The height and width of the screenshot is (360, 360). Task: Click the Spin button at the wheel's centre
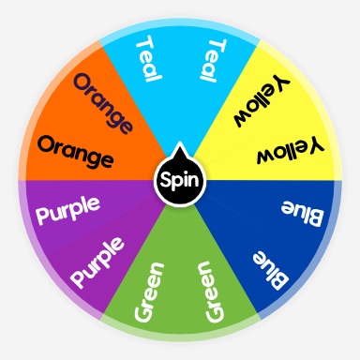tap(179, 179)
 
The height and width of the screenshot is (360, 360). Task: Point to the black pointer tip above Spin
tap(179, 147)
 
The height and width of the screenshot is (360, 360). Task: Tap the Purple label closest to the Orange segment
tap(67, 212)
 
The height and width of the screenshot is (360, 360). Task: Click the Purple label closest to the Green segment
tap(97, 262)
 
